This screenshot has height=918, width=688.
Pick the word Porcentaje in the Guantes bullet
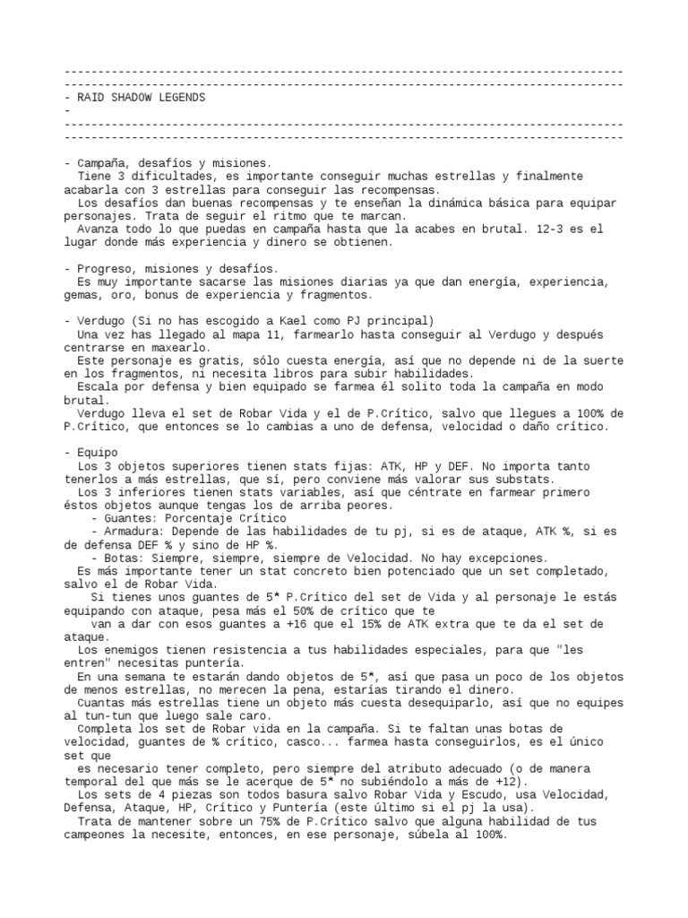pos(191,517)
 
